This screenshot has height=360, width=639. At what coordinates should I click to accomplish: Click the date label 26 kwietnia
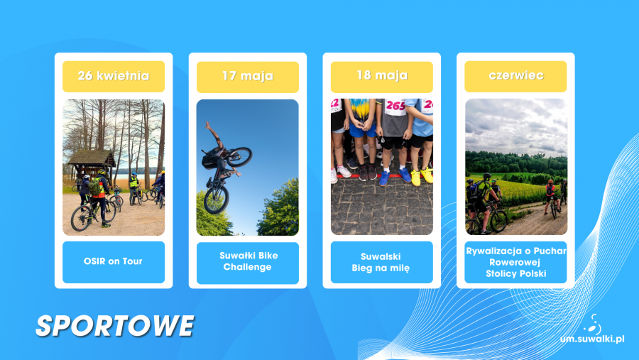(x=114, y=76)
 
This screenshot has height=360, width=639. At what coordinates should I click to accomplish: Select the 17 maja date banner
(x=247, y=76)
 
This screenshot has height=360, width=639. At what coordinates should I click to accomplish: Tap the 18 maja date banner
(x=382, y=75)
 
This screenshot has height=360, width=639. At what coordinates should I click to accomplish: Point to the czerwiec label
(x=516, y=75)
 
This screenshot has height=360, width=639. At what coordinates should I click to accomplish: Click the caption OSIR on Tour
(x=113, y=261)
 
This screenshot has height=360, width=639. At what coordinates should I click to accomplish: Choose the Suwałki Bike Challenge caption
(x=248, y=261)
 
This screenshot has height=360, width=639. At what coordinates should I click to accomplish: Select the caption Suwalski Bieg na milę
(x=381, y=262)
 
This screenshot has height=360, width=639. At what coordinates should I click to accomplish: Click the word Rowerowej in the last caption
(x=515, y=262)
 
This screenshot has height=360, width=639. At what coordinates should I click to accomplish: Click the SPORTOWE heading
(x=114, y=326)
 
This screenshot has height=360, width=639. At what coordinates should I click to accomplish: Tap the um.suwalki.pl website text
(x=592, y=339)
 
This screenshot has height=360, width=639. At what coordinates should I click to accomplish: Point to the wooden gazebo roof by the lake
(x=92, y=157)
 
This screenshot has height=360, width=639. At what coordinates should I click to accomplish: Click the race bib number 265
(x=395, y=107)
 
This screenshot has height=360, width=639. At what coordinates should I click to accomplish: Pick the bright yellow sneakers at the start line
(x=421, y=177)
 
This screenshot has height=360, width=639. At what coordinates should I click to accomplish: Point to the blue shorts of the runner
(x=362, y=131)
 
